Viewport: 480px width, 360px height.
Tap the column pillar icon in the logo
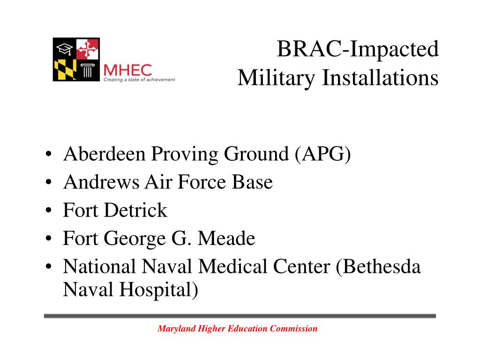click(88, 70)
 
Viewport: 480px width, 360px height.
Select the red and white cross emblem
click(88, 48)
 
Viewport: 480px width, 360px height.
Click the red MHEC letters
click(127, 70)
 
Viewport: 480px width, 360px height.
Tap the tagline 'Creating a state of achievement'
click(139, 80)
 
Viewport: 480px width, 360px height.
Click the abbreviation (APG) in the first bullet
click(323, 154)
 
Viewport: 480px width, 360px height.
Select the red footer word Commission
click(296, 329)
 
